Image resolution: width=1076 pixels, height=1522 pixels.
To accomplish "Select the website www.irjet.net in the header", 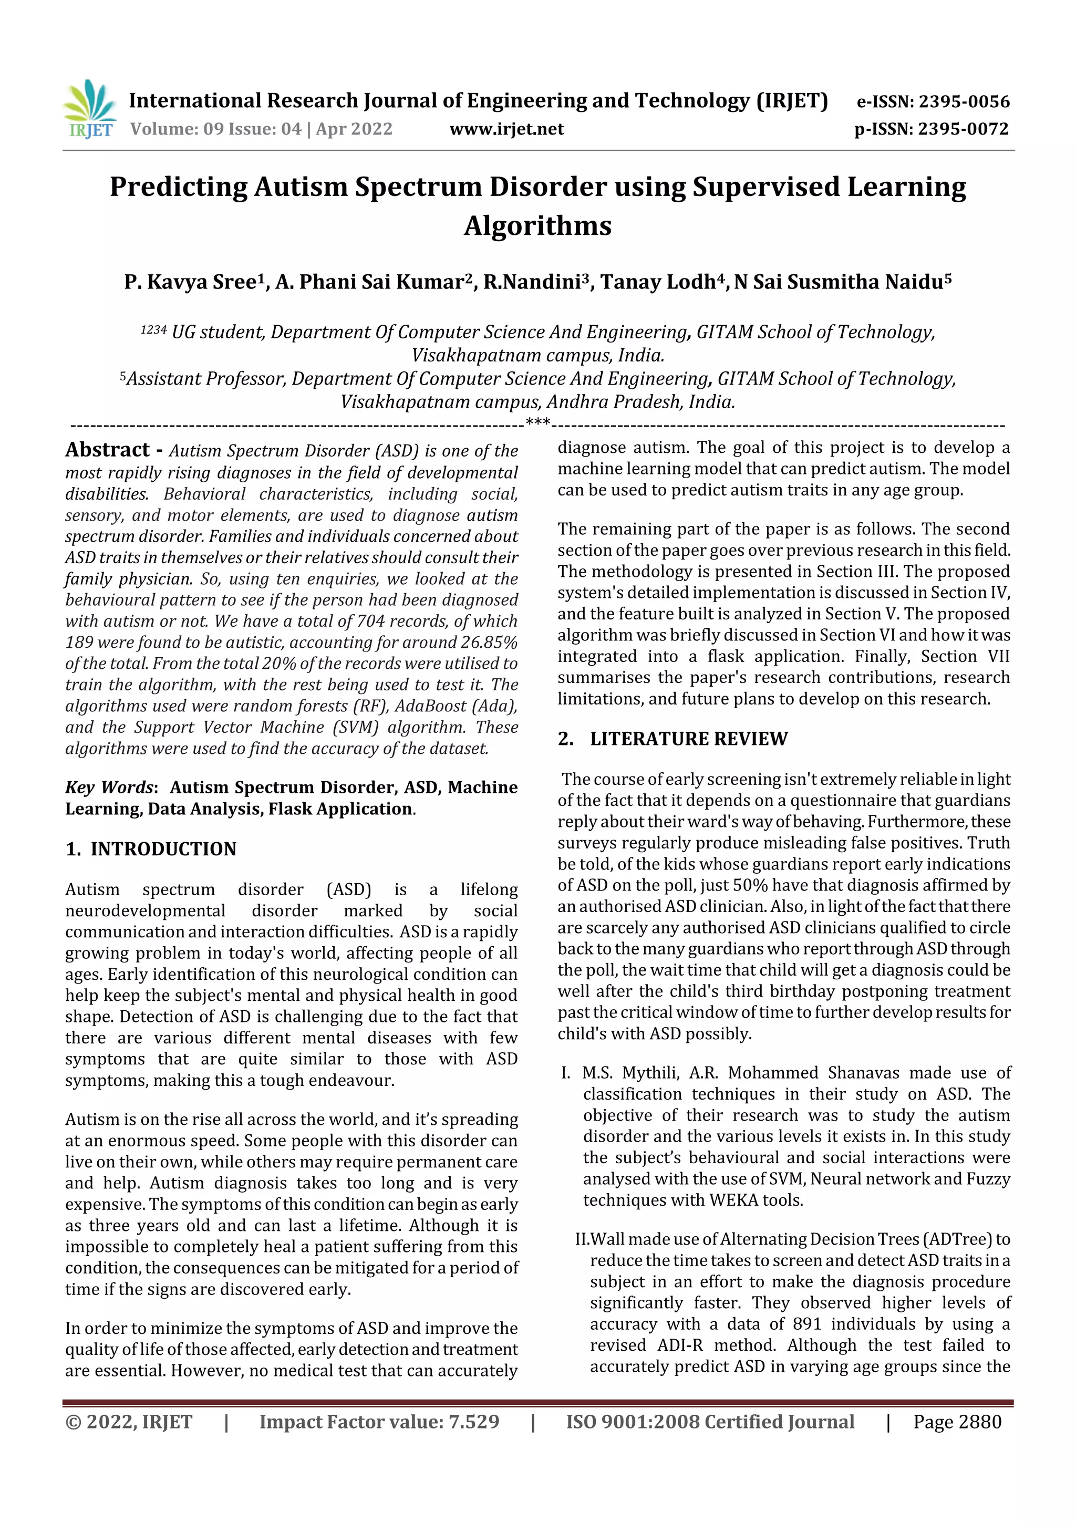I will (506, 129).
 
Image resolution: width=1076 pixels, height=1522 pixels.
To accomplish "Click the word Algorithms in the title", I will (537, 225).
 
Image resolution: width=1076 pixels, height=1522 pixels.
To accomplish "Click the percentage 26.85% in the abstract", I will (491, 643).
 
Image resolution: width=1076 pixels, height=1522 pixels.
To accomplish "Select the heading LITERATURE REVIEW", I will (688, 739).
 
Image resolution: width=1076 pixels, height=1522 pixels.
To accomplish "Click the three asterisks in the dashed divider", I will (537, 422).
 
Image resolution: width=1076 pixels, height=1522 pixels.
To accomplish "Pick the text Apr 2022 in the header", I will (354, 129).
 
